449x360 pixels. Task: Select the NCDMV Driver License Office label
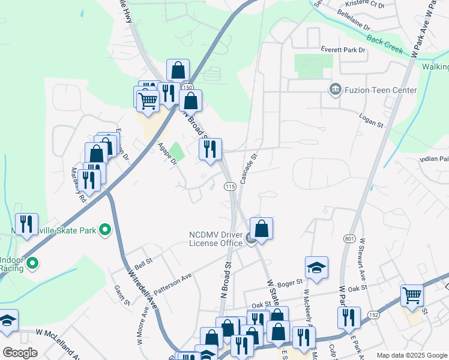pos(215,238)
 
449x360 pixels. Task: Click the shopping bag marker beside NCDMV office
pos(261,229)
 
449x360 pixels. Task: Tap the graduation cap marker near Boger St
pos(316,268)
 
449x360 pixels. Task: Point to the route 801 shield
pos(349,238)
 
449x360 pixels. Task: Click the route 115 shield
pos(229,187)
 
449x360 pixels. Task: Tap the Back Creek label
pos(385,47)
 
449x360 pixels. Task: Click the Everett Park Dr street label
pos(343,50)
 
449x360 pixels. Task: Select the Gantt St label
pos(122,295)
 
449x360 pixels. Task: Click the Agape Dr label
pos(166,154)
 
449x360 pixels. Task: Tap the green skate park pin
pos(105,230)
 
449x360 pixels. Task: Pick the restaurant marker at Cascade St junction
pos(210,149)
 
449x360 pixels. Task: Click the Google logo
pos(20,353)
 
